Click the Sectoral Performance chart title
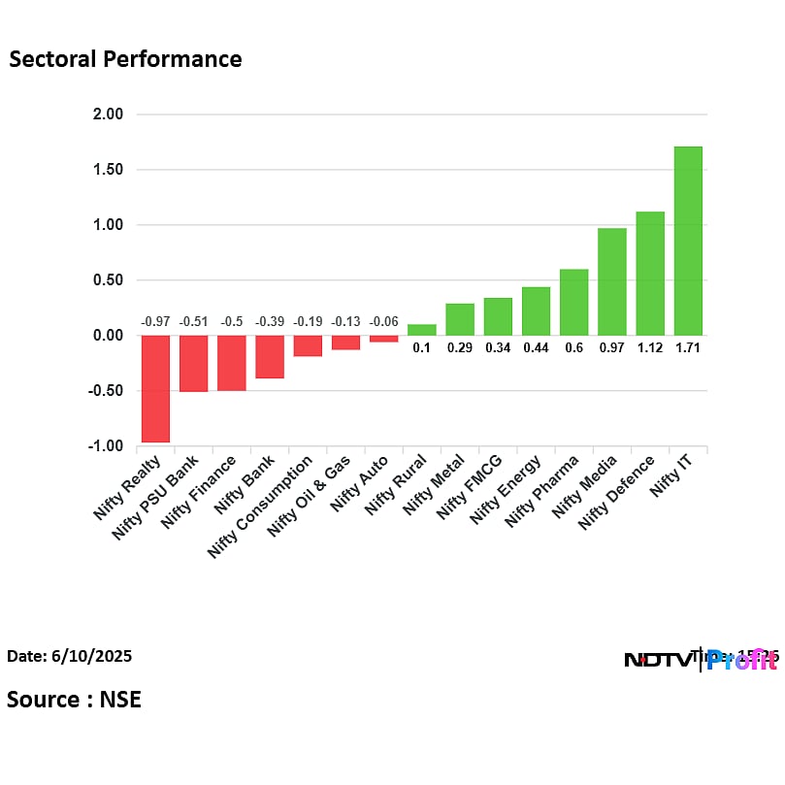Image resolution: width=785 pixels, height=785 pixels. (125, 59)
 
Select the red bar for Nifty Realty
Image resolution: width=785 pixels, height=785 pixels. (155, 388)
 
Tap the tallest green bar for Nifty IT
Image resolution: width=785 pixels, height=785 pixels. (687, 241)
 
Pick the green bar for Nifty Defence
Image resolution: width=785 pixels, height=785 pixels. (649, 274)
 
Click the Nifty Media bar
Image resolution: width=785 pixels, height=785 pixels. (611, 281)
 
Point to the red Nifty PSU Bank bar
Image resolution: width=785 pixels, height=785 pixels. (193, 363)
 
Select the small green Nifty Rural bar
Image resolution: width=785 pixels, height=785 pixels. (421, 330)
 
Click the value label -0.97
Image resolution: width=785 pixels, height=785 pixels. (155, 321)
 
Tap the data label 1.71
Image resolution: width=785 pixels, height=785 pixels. (687, 348)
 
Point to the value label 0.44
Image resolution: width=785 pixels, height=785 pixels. (536, 348)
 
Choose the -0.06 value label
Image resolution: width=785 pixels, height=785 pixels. (383, 321)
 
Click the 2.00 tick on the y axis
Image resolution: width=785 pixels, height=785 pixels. (108, 114)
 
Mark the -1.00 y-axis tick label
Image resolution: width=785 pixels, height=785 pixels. (106, 446)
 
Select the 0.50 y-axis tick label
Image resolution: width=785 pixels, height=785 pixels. (108, 280)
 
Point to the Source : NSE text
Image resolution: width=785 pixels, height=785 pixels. (74, 699)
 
